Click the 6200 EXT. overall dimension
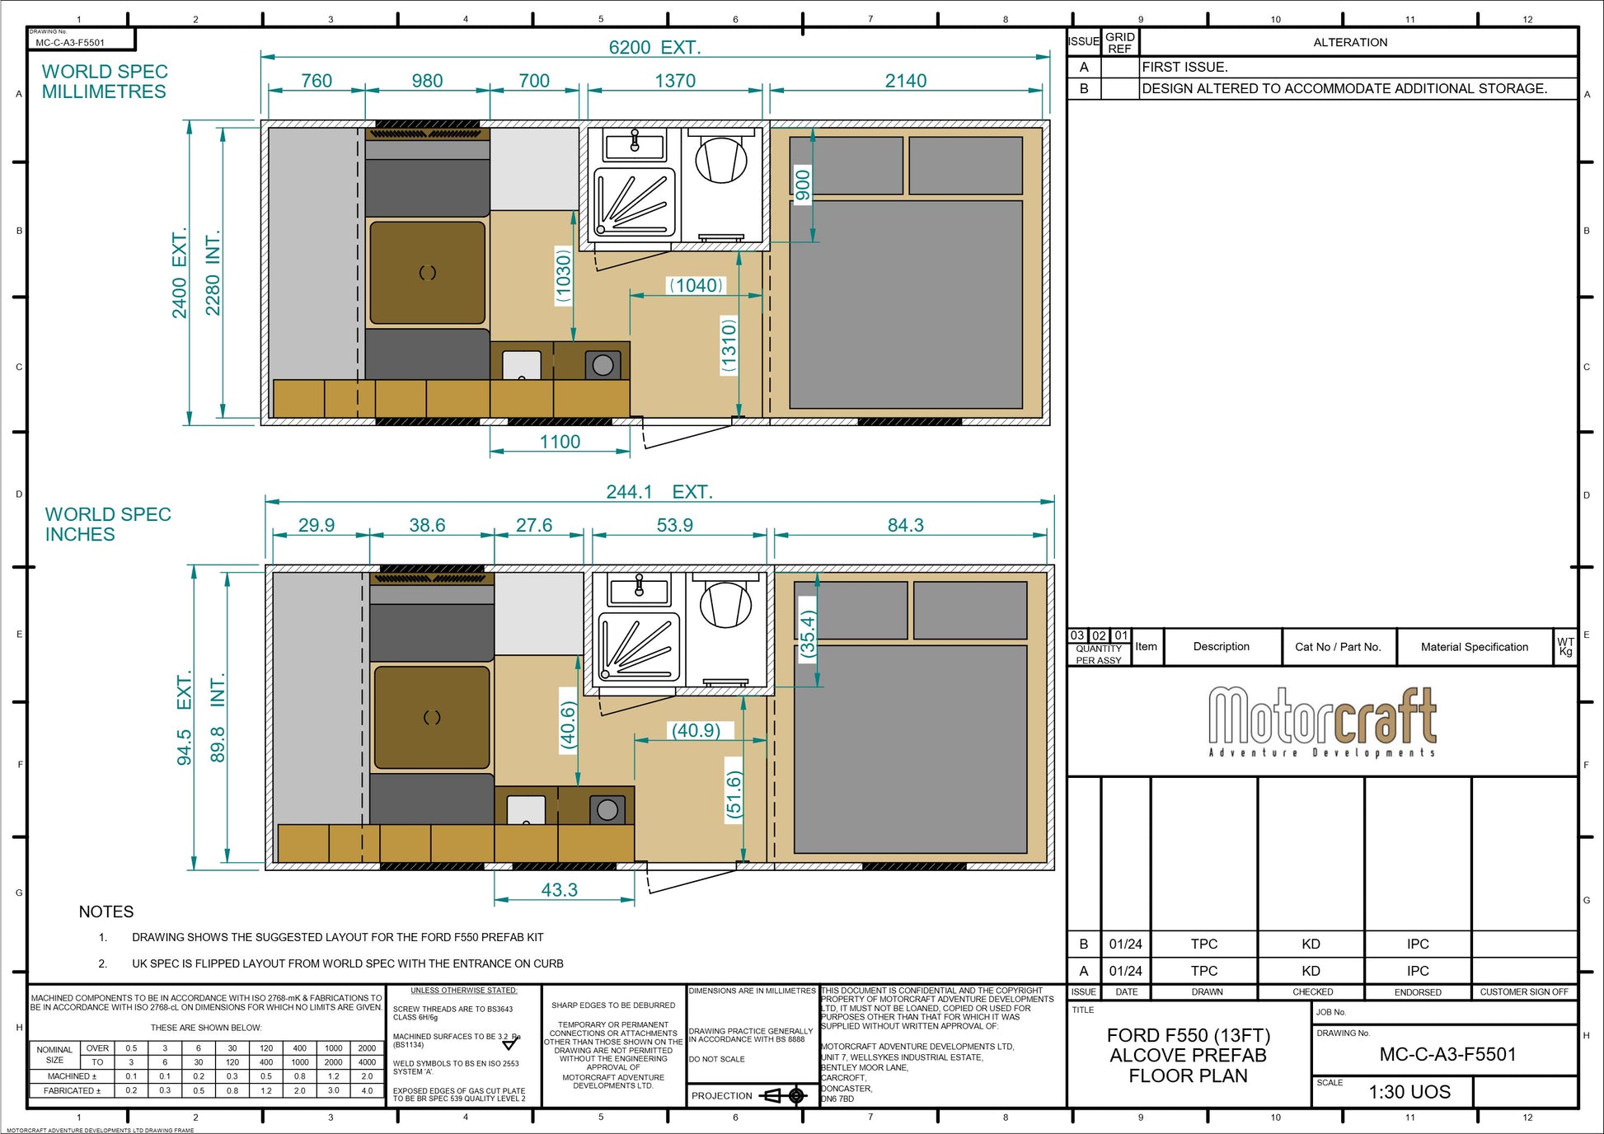click(x=654, y=48)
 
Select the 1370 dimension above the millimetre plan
click(x=675, y=81)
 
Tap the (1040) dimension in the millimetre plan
click(x=696, y=285)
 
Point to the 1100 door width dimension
click(x=560, y=442)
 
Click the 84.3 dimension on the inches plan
click(x=905, y=525)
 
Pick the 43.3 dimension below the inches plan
click(x=559, y=890)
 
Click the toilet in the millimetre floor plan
click(x=721, y=158)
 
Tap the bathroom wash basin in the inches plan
click(x=639, y=590)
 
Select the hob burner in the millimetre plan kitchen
click(x=603, y=365)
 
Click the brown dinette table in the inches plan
click(x=432, y=717)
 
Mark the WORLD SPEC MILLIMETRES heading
click(x=105, y=82)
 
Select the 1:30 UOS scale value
click(x=1409, y=1092)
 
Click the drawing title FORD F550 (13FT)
click(x=1188, y=1035)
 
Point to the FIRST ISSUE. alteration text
click(x=1184, y=67)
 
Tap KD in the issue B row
click(x=1311, y=944)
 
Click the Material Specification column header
click(x=1474, y=647)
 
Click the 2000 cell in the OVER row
click(x=367, y=1048)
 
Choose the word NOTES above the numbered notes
click(x=106, y=911)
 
